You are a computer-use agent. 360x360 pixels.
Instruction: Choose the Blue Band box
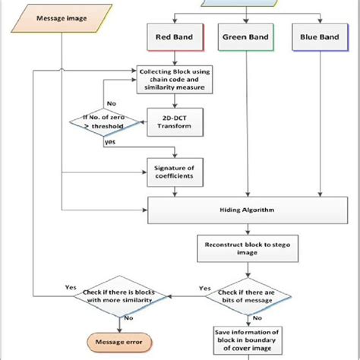pos(315,36)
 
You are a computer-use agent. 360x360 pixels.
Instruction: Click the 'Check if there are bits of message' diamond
pos(245,295)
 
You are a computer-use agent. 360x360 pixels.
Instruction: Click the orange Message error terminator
pos(114,341)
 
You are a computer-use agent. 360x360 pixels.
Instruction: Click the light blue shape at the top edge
pos(243,3)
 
